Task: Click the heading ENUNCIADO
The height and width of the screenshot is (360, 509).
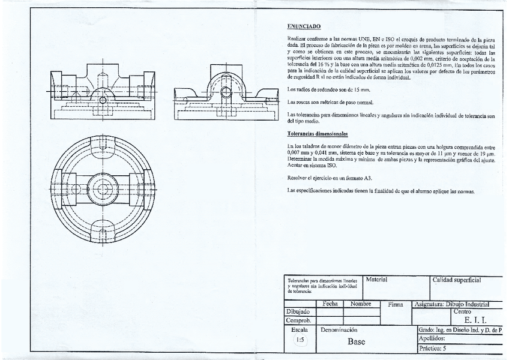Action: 304,26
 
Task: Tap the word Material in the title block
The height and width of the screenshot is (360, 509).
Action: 377,280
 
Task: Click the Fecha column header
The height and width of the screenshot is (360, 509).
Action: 330,304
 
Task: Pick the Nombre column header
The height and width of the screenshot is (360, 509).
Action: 361,304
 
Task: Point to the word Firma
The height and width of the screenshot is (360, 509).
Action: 396,305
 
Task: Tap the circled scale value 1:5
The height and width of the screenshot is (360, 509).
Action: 300,340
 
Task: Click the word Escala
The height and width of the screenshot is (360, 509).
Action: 300,329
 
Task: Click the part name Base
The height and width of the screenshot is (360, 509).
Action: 356,342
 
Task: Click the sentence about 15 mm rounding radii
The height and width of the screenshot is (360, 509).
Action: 328,89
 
